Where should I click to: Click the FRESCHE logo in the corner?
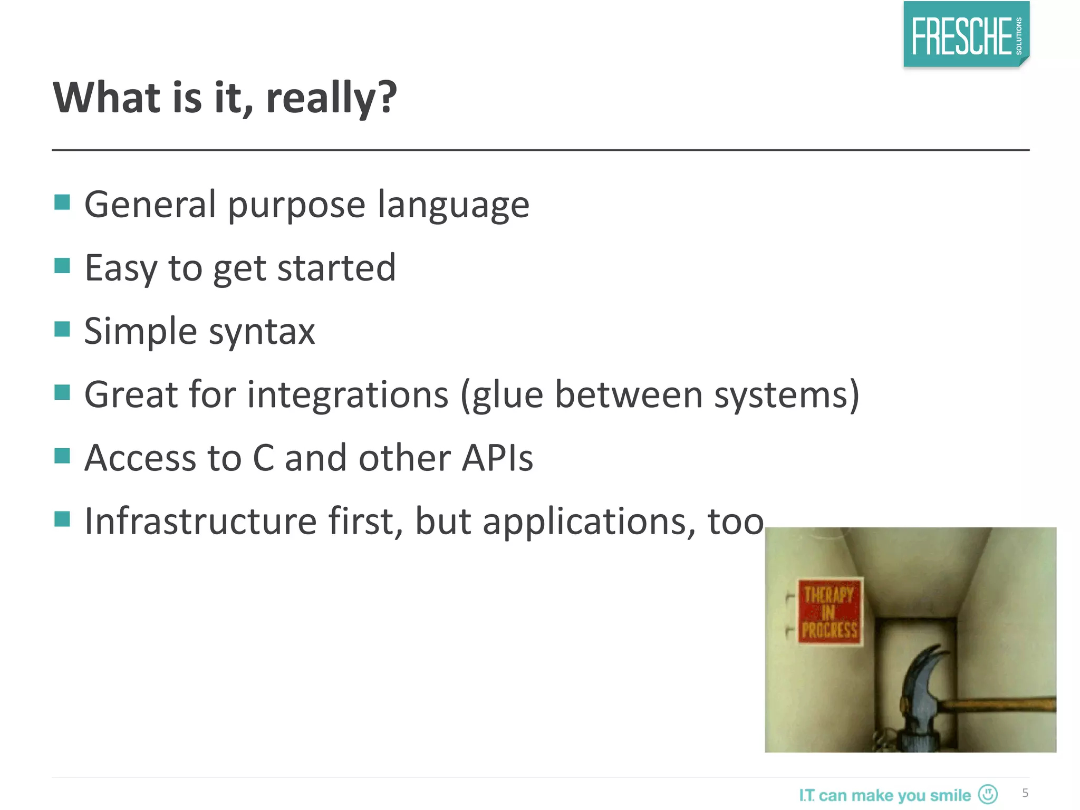(x=966, y=35)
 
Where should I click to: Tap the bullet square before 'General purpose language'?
(x=62, y=202)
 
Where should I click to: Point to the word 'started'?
(x=336, y=268)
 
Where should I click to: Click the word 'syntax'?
(x=262, y=332)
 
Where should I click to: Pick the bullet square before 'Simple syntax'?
(x=62, y=329)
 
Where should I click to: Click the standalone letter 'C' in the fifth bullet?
(x=263, y=458)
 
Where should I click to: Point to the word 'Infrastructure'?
(x=200, y=521)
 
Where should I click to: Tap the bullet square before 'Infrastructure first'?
(x=62, y=519)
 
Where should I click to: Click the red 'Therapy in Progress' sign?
(x=830, y=612)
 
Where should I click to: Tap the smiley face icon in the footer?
(x=988, y=794)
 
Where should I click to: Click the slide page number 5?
(x=1025, y=793)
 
